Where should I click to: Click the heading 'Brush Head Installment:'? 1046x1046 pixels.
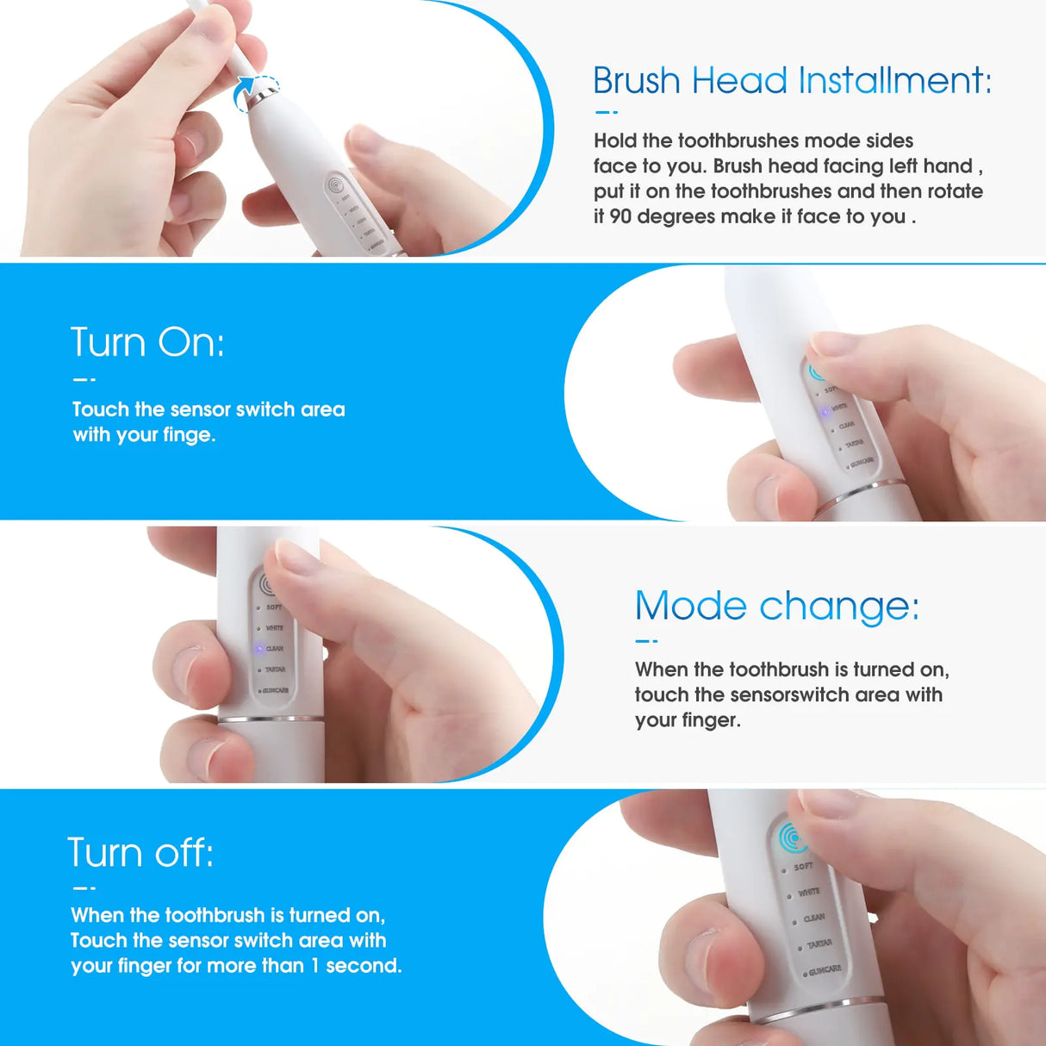click(792, 81)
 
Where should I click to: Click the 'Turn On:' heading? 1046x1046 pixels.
click(147, 342)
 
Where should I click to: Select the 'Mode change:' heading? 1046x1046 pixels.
click(776, 606)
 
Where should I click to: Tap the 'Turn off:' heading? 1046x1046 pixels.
click(140, 853)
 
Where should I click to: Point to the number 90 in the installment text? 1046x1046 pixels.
click(620, 216)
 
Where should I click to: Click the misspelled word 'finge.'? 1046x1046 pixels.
click(190, 435)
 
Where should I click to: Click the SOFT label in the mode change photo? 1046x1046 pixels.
click(274, 607)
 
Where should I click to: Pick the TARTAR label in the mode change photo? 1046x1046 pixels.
click(275, 669)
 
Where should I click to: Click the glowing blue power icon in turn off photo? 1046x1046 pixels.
click(792, 837)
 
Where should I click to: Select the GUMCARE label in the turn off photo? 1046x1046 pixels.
click(825, 971)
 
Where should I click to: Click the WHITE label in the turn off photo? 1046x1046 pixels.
click(808, 893)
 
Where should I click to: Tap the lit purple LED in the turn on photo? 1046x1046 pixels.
click(825, 413)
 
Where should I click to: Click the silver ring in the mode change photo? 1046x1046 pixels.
click(271, 719)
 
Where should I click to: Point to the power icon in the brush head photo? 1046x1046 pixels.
click(335, 184)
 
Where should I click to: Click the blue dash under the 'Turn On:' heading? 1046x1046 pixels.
click(84, 379)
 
